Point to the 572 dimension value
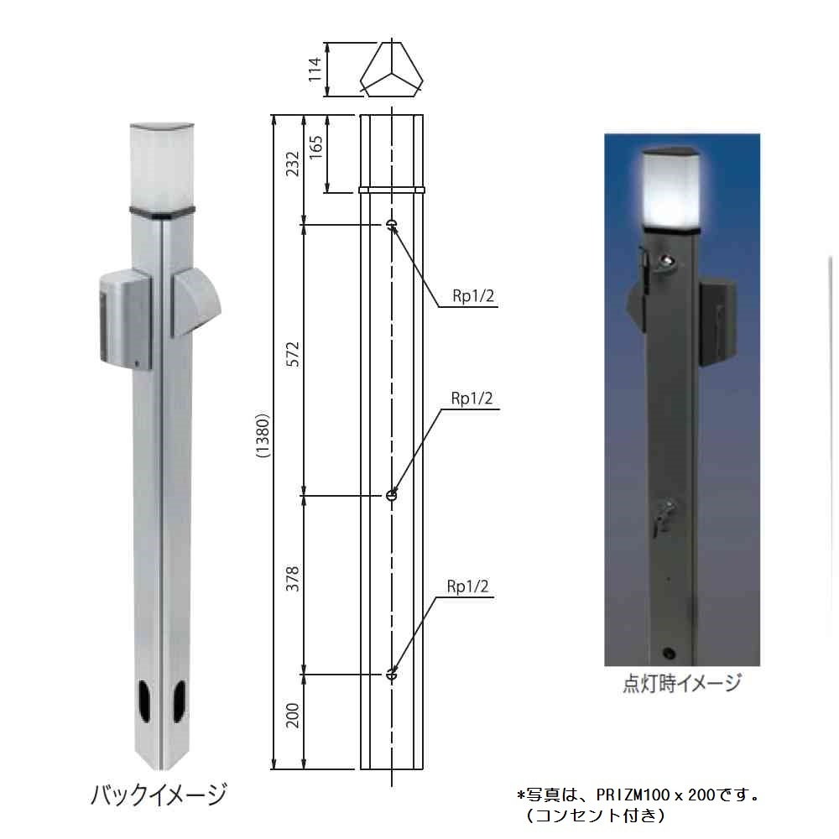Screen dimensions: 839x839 292,359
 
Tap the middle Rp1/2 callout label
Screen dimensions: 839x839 472,399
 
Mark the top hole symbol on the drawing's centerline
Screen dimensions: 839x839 392,224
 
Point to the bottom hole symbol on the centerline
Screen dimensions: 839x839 392,674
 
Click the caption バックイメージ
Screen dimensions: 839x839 159,793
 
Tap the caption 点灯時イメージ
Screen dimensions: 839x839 681,684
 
